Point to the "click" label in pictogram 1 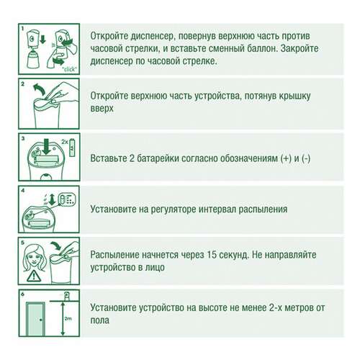pos(70,71)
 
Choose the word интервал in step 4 pos(239,210)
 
